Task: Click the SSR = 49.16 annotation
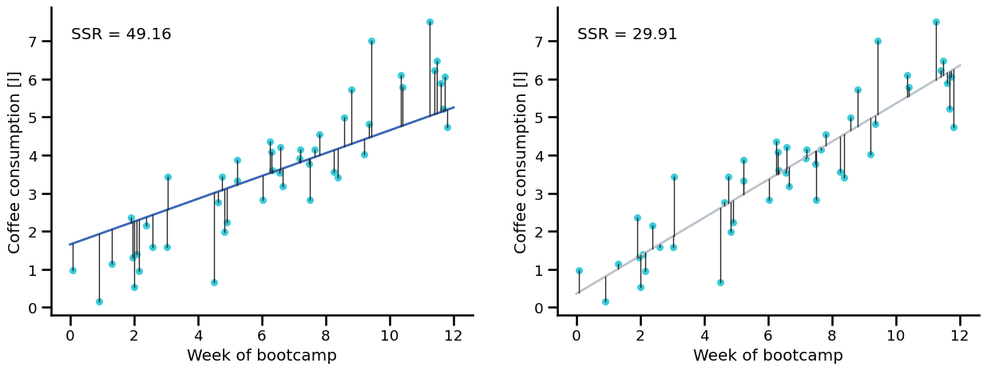(121, 34)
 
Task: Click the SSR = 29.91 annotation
(627, 34)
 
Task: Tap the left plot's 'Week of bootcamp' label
(261, 356)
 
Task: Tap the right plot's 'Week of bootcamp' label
(767, 356)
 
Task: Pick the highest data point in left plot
(430, 22)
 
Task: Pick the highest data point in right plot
(936, 22)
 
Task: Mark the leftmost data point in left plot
(73, 270)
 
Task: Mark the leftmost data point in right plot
(579, 270)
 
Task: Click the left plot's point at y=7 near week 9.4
(371, 41)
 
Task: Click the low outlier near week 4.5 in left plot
(214, 282)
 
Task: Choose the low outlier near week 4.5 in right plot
(720, 282)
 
